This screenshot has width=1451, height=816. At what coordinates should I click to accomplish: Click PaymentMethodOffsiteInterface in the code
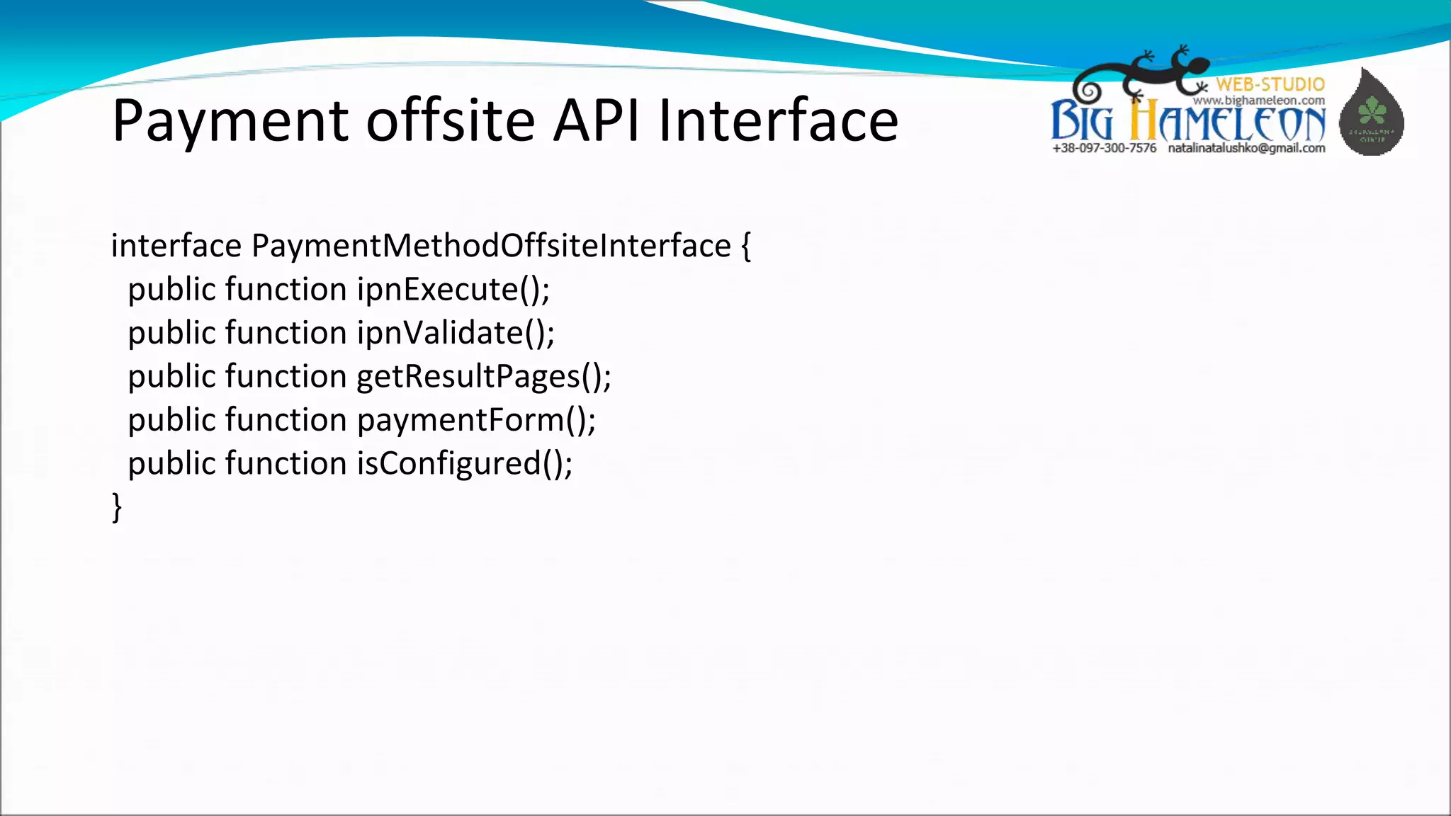[491, 246]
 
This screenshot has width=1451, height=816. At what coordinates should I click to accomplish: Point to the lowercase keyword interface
[176, 246]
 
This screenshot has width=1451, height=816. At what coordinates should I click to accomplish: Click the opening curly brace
[746, 246]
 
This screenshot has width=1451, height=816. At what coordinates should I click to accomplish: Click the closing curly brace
[117, 507]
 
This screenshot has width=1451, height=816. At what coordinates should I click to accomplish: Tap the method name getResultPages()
[484, 377]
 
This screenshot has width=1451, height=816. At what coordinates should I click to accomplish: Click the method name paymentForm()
[476, 421]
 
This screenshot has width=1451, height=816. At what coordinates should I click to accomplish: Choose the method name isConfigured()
[464, 464]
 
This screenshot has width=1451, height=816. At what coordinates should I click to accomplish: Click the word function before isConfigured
[286, 464]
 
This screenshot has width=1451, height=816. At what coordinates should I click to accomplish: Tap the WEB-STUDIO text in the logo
[1270, 84]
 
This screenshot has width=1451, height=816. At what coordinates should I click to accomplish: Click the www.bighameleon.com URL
[1258, 101]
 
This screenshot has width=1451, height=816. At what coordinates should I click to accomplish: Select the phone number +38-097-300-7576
[1104, 148]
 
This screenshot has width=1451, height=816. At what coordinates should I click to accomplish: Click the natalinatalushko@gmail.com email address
[1246, 148]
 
